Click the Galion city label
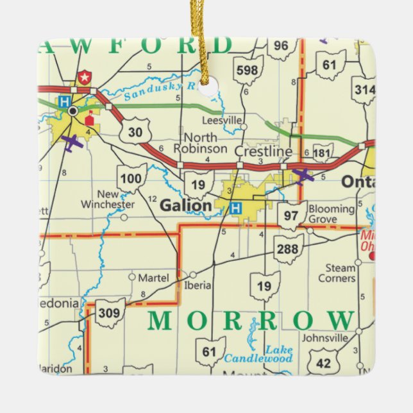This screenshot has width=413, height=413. tap(185, 206)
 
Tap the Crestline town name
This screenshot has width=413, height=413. tap(263, 152)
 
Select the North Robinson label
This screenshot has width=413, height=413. tap(205, 143)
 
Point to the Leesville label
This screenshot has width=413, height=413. tap(222, 121)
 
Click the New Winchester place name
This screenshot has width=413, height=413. tap(108, 199)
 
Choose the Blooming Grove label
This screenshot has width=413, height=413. tap(331, 214)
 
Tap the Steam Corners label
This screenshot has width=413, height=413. tap(337, 273)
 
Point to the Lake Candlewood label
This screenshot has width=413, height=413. tap(267, 353)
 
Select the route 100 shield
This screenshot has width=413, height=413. tap(131, 177)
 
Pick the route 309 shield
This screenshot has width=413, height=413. tap(110, 313)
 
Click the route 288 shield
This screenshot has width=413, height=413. tap(289, 248)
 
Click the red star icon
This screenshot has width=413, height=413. tap(83, 78)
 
